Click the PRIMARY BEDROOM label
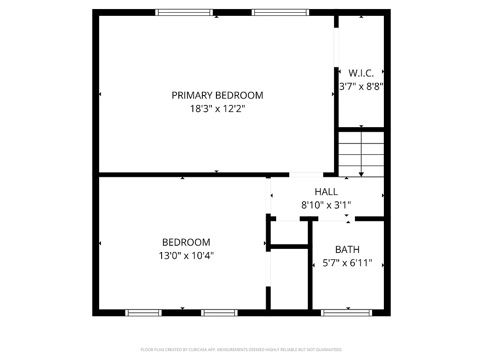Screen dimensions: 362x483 [x=217, y=95]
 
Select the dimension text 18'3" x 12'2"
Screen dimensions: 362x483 [x=217, y=109]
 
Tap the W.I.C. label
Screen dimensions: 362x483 [x=361, y=73]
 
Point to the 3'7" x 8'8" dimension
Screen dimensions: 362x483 [x=361, y=86]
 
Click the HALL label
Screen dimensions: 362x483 [x=326, y=192]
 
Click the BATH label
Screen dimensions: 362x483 [x=347, y=249]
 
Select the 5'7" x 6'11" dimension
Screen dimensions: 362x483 [x=347, y=263]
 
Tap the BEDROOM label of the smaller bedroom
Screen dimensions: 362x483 [x=186, y=242]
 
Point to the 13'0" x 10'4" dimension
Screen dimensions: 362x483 [x=186, y=256]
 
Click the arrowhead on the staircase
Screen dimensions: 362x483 [x=361, y=173]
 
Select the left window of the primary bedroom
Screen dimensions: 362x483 [x=184, y=13]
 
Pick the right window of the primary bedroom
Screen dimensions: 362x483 [x=281, y=13]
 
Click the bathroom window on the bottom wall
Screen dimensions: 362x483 [x=346, y=313]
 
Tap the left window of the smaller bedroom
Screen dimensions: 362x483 [x=143, y=313]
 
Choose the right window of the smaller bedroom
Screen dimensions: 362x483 [x=219, y=313]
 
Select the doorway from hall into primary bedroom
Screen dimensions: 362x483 [x=306, y=174]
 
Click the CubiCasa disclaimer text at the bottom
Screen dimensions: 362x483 [x=241, y=350]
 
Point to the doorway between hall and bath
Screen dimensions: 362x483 [x=336, y=219]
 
